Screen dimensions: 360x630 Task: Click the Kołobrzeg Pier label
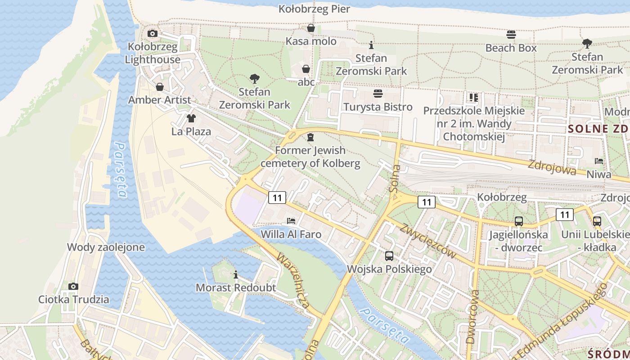[x=314, y=9]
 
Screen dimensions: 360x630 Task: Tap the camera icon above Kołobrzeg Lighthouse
[x=153, y=33]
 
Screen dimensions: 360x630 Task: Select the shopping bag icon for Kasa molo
[x=310, y=28]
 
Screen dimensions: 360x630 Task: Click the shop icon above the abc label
[x=306, y=69]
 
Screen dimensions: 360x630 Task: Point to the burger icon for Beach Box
[x=511, y=35]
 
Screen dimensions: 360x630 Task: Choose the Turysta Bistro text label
[x=378, y=107]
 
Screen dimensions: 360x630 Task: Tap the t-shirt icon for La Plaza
[x=191, y=118]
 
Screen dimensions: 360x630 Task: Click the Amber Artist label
[x=160, y=100]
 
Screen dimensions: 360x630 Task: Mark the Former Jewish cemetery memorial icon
[x=310, y=137]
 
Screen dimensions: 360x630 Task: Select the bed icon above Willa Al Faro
[x=291, y=221]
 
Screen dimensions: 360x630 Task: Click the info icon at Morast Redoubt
[x=236, y=274]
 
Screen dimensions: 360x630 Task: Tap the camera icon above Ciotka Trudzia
[x=73, y=286]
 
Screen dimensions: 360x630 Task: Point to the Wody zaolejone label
[x=106, y=247]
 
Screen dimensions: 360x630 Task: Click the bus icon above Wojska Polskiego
[x=389, y=256]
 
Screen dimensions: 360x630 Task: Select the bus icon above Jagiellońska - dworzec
[x=519, y=221]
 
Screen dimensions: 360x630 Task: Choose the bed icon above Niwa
[x=599, y=161]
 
